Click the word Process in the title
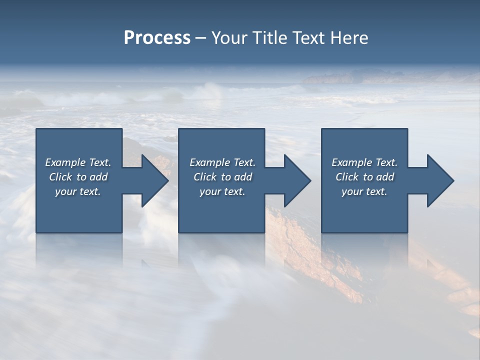click(157, 38)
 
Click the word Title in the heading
click(270, 38)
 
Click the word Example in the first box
click(65, 162)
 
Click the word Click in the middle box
click(205, 177)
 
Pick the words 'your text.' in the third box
click(364, 191)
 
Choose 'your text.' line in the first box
click(78, 191)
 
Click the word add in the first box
click(99, 177)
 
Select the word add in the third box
click(385, 177)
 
